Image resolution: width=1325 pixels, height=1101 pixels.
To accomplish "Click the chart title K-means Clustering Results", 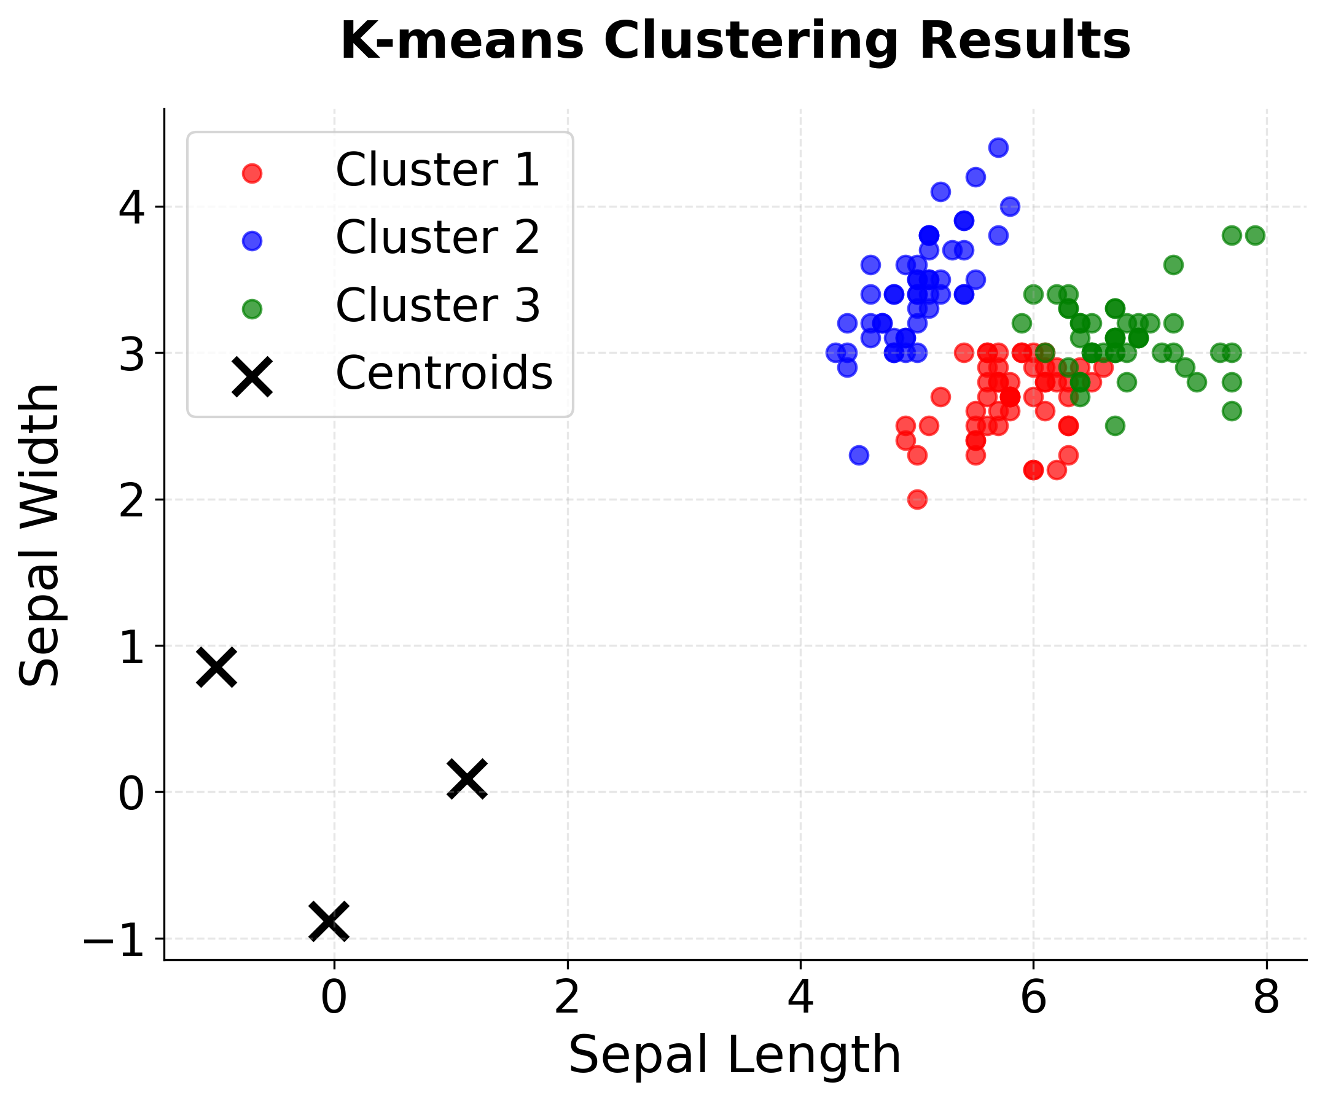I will [735, 42].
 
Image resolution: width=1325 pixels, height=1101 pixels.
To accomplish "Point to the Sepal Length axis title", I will [735, 1056].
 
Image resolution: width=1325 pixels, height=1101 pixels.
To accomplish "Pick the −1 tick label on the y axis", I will [114, 940].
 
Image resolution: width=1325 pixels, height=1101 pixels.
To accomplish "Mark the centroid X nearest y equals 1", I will [216, 667].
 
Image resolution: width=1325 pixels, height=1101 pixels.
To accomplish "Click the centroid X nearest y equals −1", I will [329, 921].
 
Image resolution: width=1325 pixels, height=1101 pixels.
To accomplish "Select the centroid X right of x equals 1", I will [467, 779].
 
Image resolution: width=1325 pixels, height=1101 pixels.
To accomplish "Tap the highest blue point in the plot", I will [998, 147].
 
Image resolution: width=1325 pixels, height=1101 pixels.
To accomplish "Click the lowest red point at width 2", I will [917, 499].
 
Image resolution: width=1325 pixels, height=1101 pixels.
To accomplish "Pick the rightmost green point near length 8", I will [1255, 235].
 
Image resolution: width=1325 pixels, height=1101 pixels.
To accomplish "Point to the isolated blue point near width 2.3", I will [859, 454].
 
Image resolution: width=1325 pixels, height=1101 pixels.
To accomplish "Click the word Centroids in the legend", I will [444, 373].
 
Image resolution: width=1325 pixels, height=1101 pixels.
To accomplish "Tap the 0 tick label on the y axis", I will [132, 794].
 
